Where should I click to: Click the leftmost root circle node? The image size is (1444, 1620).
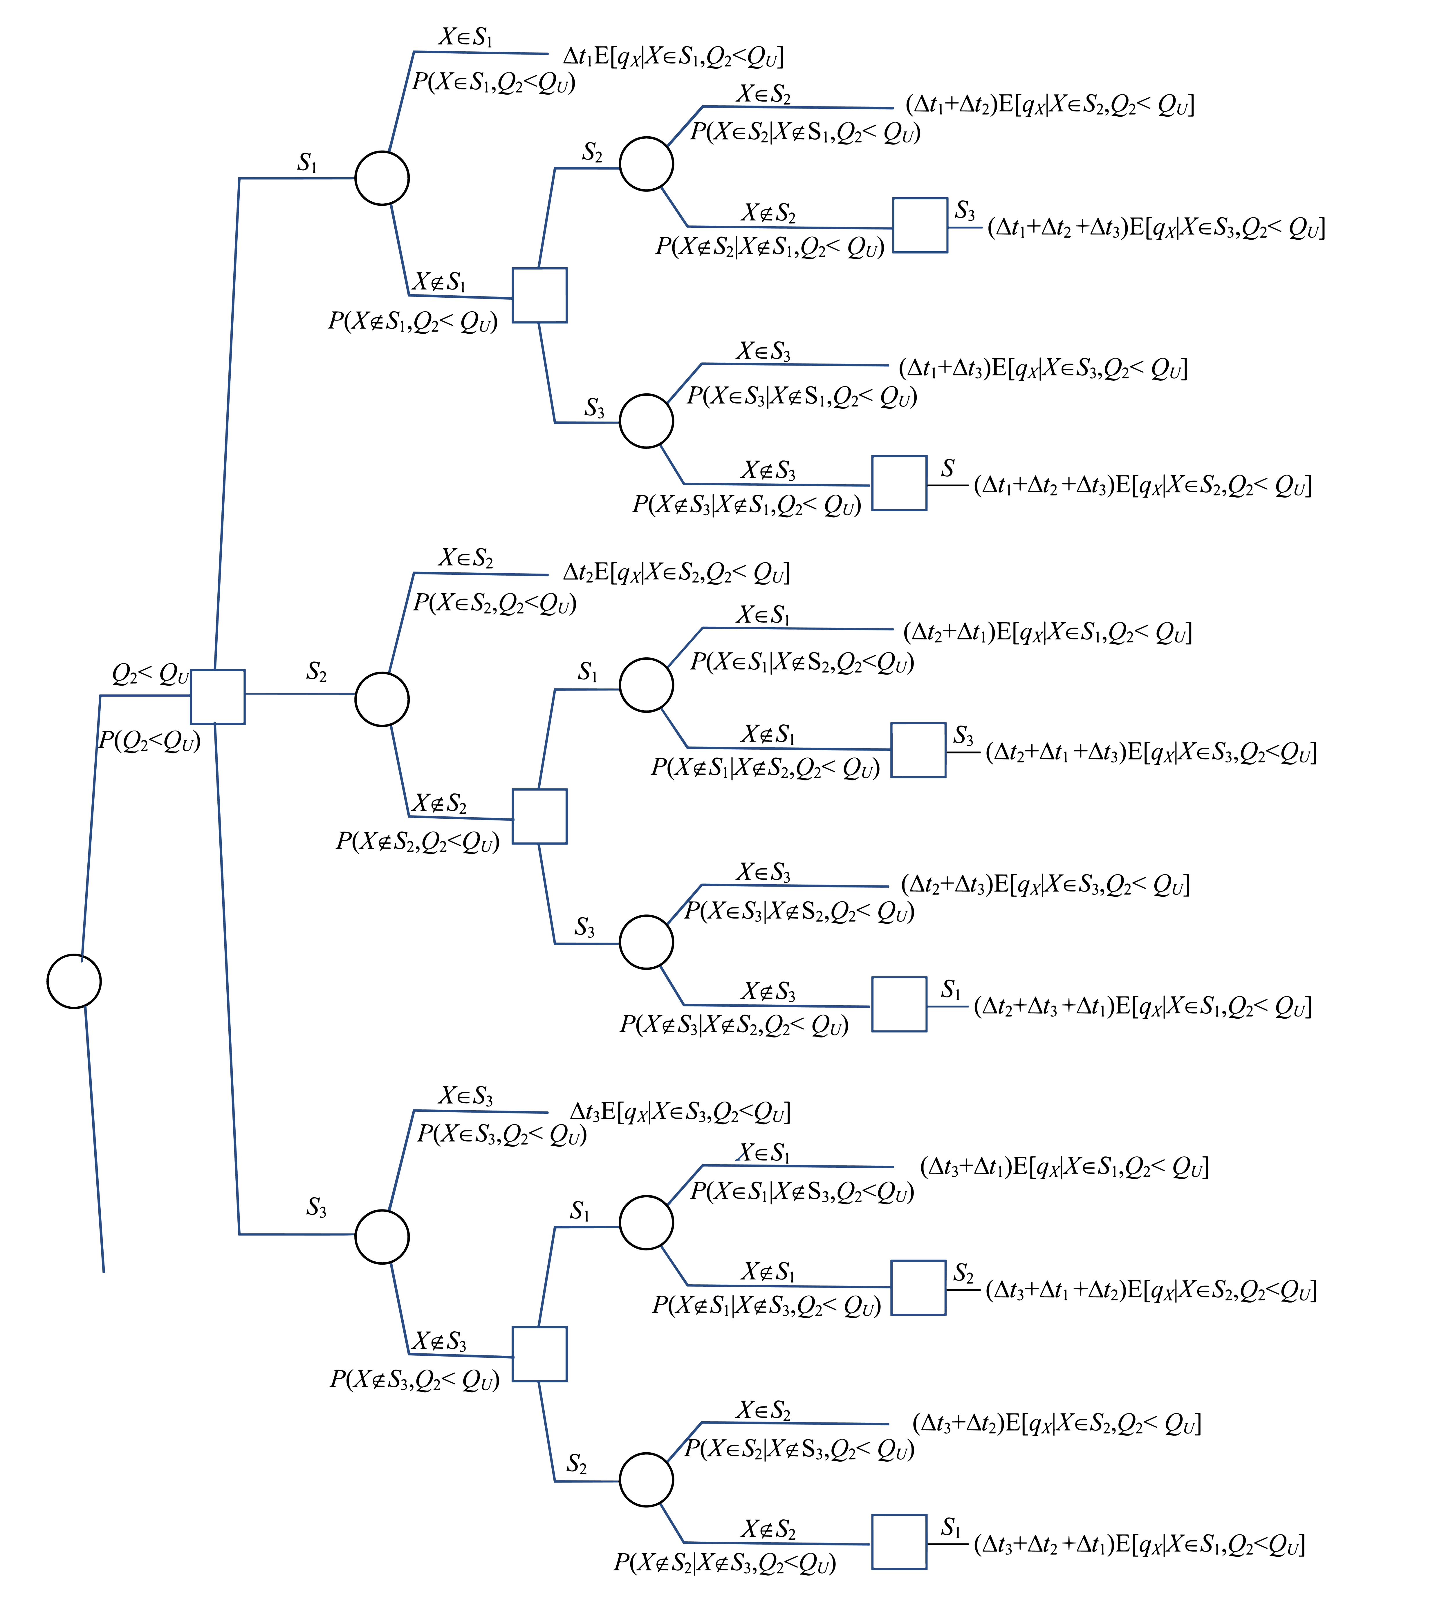[x=74, y=981]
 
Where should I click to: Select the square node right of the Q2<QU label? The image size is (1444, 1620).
[x=217, y=697]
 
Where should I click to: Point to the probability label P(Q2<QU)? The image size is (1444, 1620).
[x=149, y=741]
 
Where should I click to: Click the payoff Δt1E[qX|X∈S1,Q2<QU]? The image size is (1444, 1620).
[x=673, y=56]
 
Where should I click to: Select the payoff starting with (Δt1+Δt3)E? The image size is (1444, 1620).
[x=1043, y=368]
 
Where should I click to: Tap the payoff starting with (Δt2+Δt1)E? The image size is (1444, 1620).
[x=1047, y=632]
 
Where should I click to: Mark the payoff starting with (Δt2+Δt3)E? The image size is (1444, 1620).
[x=1045, y=884]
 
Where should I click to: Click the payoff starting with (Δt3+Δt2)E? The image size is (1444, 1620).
[x=1056, y=1422]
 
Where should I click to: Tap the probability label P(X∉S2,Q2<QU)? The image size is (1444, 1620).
[x=417, y=842]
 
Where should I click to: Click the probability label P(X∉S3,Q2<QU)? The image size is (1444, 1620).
[x=414, y=1380]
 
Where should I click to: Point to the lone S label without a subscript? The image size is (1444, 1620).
[x=947, y=468]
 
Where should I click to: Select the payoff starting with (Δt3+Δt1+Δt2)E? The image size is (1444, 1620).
[x=1150, y=1291]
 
